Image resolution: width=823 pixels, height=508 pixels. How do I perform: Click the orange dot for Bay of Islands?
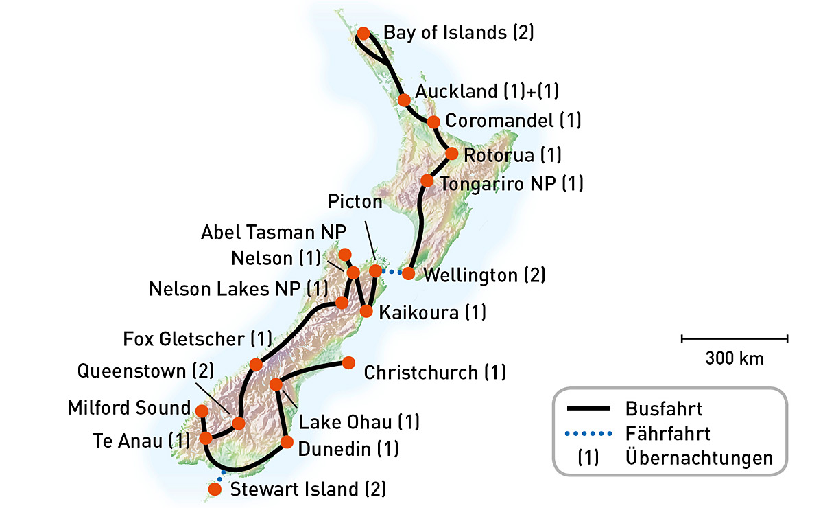[x=364, y=33]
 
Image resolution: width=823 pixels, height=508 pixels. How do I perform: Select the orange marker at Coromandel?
[x=433, y=122]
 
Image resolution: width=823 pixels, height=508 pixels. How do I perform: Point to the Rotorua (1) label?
[x=512, y=155]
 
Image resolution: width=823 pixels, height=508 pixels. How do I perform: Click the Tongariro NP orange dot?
[x=427, y=181]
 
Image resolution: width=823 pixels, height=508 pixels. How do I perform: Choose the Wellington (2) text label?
[x=485, y=275]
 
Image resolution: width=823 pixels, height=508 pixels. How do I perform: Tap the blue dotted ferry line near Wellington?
[x=392, y=273]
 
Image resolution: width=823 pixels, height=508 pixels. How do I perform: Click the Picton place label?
[x=355, y=202]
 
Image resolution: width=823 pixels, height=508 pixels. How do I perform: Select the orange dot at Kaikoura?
[x=366, y=312]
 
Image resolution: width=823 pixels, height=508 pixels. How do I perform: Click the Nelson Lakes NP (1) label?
[x=239, y=288]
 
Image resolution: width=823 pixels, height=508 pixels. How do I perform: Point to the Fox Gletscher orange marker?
[x=256, y=364]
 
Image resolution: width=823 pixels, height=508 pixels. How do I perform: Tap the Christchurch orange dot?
[x=348, y=362]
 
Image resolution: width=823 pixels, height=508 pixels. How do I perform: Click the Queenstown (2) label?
[x=145, y=371]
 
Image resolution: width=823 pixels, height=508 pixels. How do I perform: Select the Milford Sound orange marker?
[x=202, y=411]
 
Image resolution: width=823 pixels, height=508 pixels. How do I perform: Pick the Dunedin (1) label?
[x=348, y=450]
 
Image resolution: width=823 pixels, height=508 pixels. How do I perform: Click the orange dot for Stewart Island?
[x=215, y=489]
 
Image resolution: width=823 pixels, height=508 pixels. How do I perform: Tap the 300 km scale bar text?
[x=734, y=358]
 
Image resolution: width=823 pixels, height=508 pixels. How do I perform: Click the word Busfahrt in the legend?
[x=664, y=409]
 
